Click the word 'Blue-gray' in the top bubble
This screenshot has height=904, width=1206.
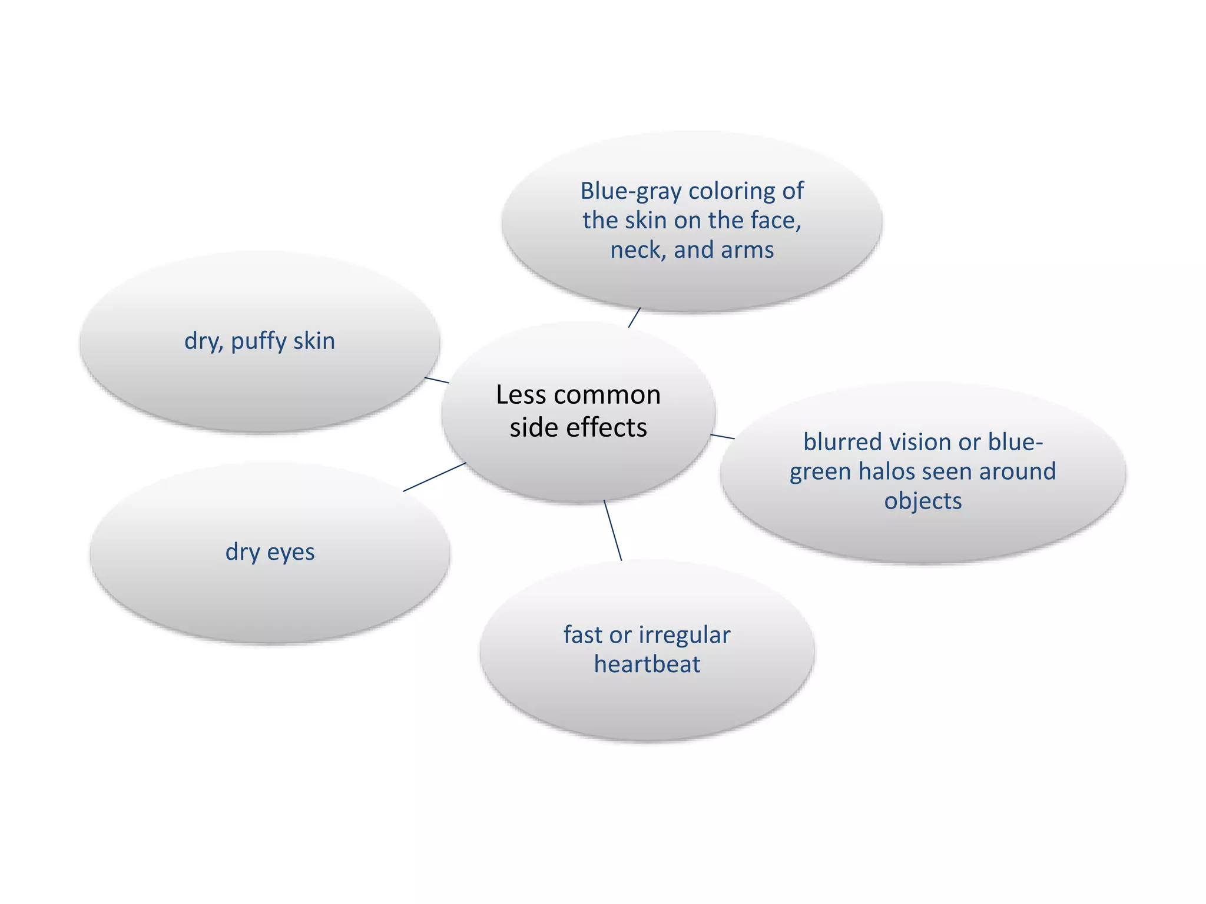tap(631, 191)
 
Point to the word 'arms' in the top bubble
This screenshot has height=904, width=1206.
tap(748, 250)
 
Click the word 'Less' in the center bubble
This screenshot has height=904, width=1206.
tap(517, 394)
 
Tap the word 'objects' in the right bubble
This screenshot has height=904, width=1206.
tap(923, 501)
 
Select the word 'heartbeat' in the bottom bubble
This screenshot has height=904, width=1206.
tap(647, 664)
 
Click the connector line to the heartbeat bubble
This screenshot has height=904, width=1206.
tap(612, 530)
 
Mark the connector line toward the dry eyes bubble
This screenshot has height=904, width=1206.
tap(435, 477)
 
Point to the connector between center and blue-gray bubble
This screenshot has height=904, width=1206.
tap(634, 317)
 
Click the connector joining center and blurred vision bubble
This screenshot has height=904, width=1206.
tap(723, 436)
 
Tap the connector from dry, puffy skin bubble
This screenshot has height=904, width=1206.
tap(437, 380)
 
